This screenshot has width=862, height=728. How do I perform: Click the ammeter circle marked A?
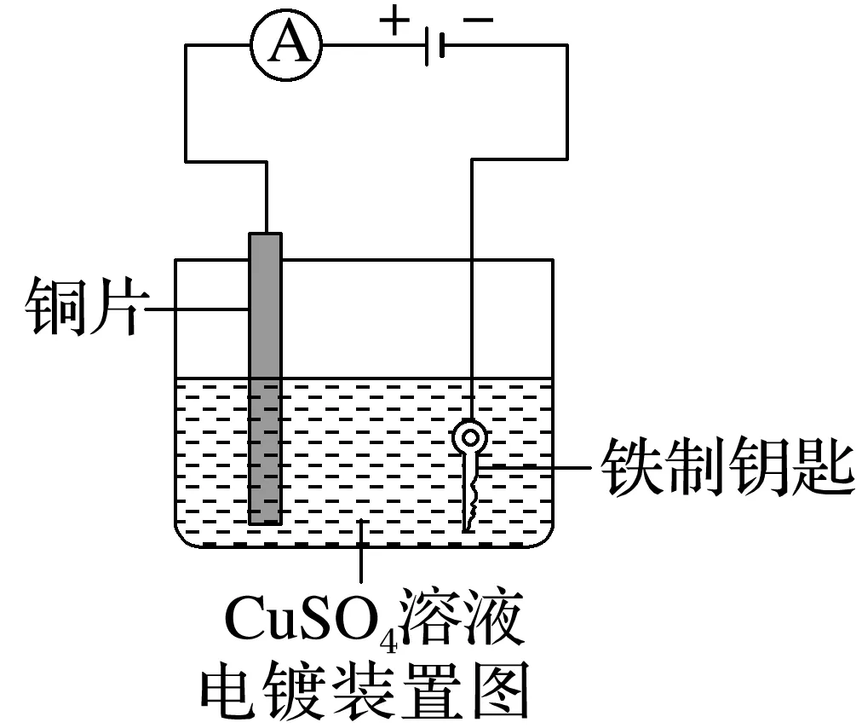pos(287,46)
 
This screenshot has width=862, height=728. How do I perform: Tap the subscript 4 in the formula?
pos(393,635)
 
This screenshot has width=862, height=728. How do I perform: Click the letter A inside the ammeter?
pos(287,46)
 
